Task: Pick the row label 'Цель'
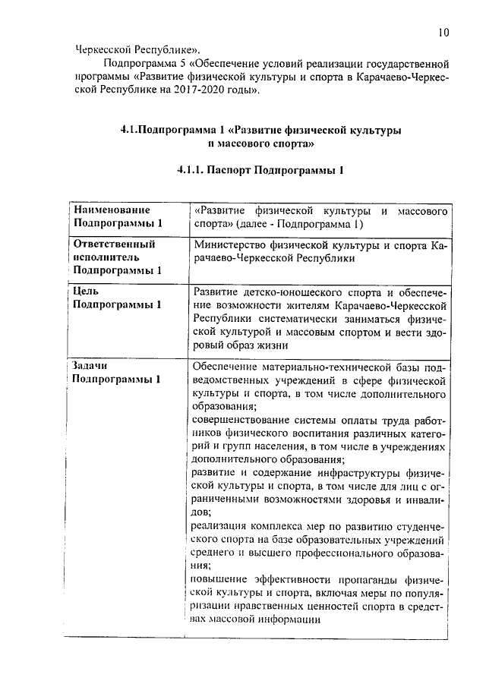click(85, 291)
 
